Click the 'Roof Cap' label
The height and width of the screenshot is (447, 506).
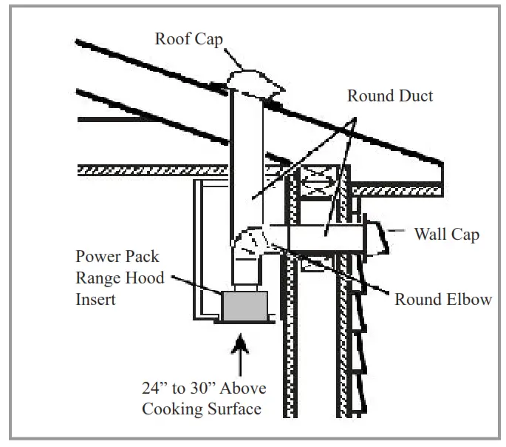coord(189,38)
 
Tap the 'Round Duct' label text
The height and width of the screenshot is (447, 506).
coord(390,96)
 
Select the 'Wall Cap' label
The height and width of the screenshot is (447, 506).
coord(446,235)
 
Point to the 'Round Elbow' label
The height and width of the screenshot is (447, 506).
coord(443,299)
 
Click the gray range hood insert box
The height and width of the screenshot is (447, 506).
coord(245,306)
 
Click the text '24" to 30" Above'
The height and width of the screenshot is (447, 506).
coord(204,389)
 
